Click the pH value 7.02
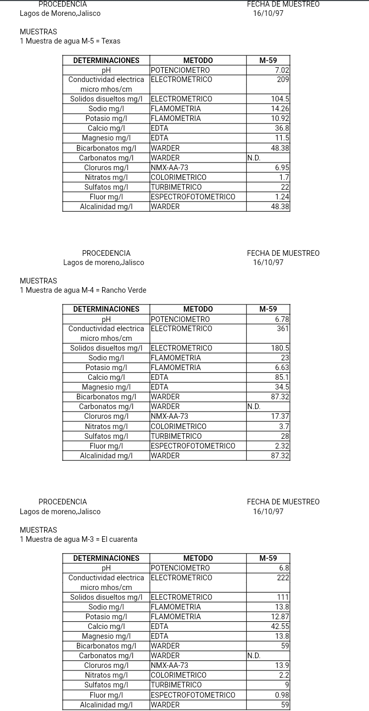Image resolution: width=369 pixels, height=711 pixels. [282, 70]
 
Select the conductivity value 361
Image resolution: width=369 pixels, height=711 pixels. [283, 329]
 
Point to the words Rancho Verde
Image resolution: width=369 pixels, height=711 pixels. [124, 290]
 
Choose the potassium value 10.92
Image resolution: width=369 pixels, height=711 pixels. [280, 118]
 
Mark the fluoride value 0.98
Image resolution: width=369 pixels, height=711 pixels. [282, 695]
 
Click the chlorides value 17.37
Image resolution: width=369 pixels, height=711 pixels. [280, 417]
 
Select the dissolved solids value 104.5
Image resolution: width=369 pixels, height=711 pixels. [280, 99]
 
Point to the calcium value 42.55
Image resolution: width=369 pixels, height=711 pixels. [280, 626]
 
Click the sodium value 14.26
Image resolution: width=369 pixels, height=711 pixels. [280, 109]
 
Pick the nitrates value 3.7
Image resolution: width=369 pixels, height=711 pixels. [284, 426]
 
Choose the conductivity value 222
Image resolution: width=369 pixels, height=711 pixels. [283, 578]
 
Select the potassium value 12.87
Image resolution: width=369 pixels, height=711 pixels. [280, 617]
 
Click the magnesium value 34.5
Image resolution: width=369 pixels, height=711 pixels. [282, 387]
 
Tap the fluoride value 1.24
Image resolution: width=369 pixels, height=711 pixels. [282, 197]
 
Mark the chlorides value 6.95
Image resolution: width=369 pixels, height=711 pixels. [282, 168]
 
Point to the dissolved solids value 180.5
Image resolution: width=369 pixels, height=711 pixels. [280, 348]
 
